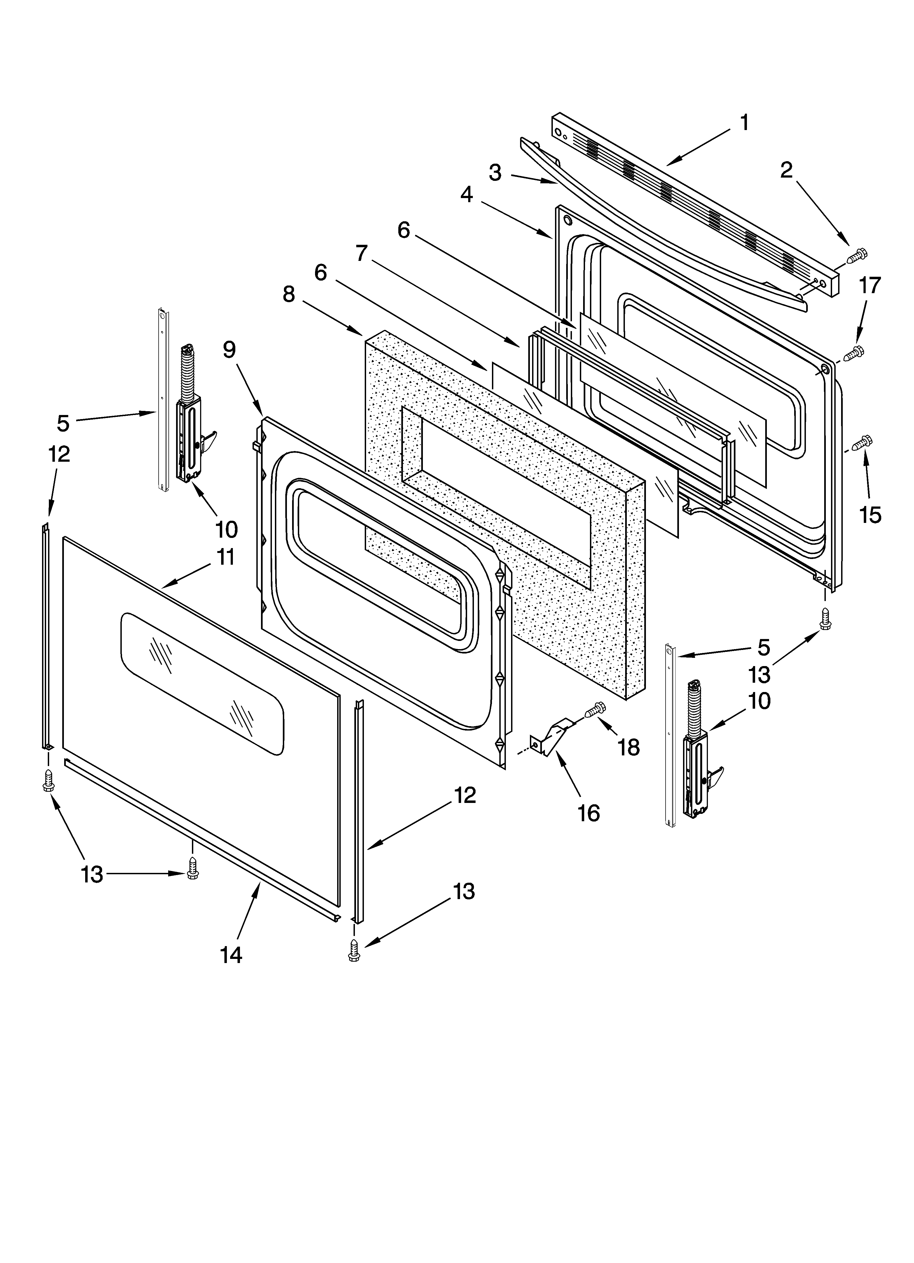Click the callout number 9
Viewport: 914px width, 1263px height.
tap(229, 350)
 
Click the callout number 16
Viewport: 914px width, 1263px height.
tap(588, 814)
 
